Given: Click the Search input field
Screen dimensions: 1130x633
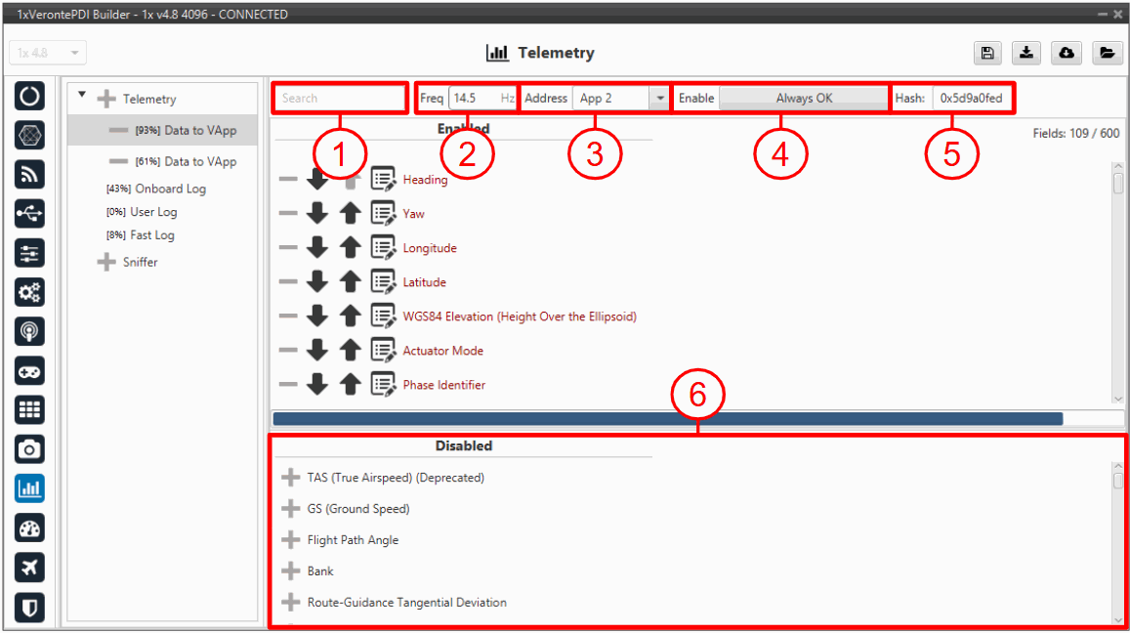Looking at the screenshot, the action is click(340, 98).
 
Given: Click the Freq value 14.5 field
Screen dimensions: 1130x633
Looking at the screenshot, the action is click(482, 98).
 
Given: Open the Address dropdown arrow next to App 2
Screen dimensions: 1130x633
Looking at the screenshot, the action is click(659, 98).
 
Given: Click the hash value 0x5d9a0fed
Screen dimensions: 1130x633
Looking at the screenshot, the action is click(971, 98).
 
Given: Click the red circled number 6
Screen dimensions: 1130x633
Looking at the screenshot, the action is click(697, 395).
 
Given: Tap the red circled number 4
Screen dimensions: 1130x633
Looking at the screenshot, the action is click(780, 154).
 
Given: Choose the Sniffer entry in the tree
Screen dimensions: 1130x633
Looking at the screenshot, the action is click(140, 262).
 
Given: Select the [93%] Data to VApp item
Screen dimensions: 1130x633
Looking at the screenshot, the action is click(186, 131).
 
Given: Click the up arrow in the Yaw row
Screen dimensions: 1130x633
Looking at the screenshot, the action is click(351, 213).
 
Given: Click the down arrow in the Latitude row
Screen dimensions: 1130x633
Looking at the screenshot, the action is click(317, 282).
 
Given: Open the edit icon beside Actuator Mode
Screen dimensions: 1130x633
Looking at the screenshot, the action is click(383, 351).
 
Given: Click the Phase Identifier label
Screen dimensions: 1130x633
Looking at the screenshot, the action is click(444, 385).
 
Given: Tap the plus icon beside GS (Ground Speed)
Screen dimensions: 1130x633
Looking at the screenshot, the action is click(290, 509).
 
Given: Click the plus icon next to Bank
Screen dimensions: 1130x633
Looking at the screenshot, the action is click(290, 571).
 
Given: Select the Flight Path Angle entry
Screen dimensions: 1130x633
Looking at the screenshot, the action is click(353, 540).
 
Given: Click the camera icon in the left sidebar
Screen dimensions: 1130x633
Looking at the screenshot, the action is click(29, 449).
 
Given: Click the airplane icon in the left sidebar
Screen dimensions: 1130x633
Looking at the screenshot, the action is click(29, 568).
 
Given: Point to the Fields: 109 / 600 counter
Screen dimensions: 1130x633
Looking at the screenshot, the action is click(1076, 134).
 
